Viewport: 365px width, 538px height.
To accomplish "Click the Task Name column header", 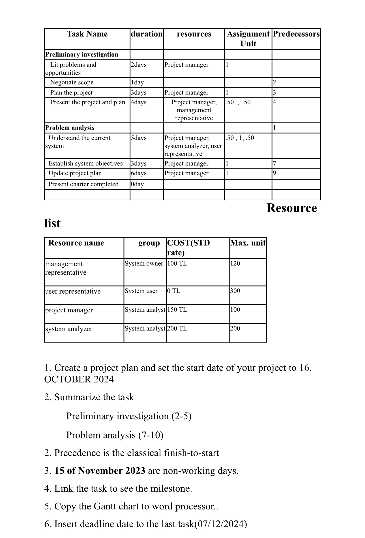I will point(87,34).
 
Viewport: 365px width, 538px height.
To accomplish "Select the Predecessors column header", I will point(296,34).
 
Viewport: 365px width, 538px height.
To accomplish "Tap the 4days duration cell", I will point(139,102).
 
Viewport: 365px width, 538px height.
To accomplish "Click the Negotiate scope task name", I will point(72,82).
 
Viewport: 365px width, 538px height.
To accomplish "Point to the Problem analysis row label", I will point(70,128).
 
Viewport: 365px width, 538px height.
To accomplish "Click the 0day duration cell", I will point(137,184).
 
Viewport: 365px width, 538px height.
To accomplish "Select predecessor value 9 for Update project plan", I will point(274,173).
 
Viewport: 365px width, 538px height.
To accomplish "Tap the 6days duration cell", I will point(139,173).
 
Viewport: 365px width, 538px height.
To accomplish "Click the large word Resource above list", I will point(291,208).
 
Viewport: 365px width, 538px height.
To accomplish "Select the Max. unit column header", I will point(248,243).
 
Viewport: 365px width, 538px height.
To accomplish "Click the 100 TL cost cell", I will point(177,263).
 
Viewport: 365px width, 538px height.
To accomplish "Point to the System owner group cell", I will point(144,263).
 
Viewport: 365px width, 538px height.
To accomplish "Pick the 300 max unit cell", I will point(235,291).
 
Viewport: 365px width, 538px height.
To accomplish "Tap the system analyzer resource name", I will point(69,329).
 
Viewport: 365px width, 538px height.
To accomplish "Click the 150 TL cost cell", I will point(177,309).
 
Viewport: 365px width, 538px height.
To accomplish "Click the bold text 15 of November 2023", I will point(100,471).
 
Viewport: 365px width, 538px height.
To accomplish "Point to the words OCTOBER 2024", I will point(79,379).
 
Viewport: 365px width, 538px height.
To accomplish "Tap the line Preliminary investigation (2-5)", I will point(129,416).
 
